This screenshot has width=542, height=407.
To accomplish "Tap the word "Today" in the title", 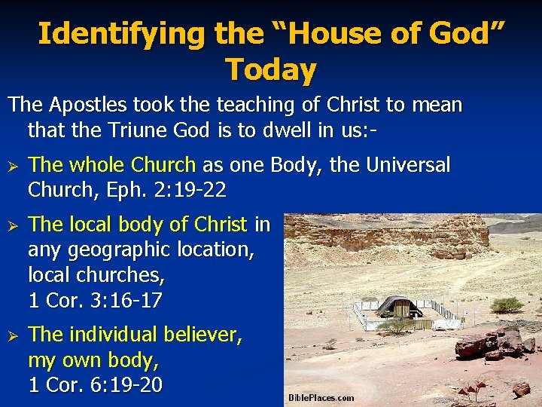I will pyautogui.click(x=271, y=69).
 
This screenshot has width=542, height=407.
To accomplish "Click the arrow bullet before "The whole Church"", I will pyautogui.click(x=11, y=166).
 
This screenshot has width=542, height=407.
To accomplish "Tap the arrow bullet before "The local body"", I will pyautogui.click(x=11, y=225).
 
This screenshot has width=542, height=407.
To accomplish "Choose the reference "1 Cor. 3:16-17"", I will pyautogui.click(x=95, y=300).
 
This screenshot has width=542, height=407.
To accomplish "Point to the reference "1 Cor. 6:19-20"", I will pyautogui.click(x=95, y=384).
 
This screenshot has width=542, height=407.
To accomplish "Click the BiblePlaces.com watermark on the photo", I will pyautogui.click(x=321, y=397).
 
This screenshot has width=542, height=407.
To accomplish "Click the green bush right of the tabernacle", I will pyautogui.click(x=507, y=304).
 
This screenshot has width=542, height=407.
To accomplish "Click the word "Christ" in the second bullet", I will pyautogui.click(x=220, y=224).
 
